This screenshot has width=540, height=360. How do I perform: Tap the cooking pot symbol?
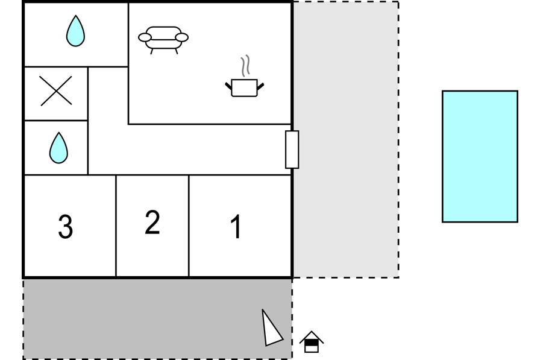tap(245, 88)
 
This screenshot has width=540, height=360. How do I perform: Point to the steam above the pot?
tap(245, 66)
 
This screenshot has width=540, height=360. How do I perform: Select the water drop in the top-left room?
tap(75, 31)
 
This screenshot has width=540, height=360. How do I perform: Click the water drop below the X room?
tap(58, 148)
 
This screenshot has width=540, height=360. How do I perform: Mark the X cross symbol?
tap(56, 90)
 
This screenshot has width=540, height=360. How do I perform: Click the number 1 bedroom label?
tap(236, 226)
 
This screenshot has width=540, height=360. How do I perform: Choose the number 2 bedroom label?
tap(152, 222)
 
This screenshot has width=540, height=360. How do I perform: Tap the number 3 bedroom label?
tap(66, 226)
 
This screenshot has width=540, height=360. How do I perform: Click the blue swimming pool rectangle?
tap(480, 156)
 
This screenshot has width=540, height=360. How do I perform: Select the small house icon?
tap(312, 342)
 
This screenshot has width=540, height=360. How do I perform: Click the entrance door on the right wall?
tap(292, 150)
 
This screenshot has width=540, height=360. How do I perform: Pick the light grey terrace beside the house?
tap(346, 139)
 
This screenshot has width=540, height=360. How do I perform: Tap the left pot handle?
tap(228, 86)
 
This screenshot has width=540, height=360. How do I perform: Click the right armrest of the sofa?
tap(181, 37)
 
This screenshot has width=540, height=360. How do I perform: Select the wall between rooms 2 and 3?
tap(116, 226)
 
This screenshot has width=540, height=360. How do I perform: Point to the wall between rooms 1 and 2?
tap(189, 226)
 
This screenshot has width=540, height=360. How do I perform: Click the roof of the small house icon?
tap(312, 337)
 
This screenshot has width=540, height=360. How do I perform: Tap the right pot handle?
tap(260, 86)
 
